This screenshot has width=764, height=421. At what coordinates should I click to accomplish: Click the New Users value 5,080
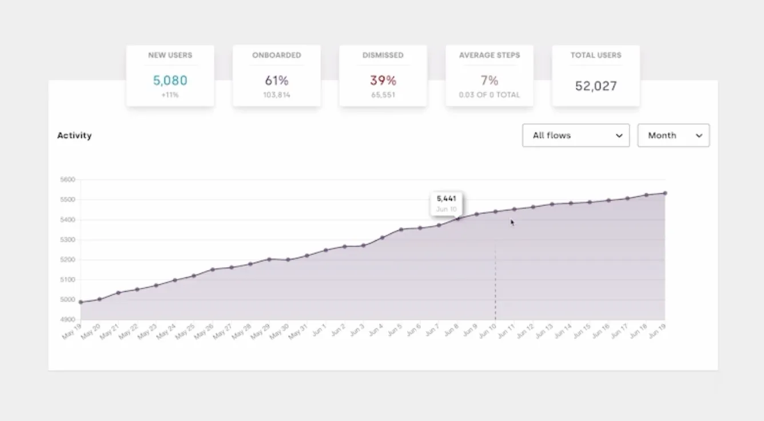pyautogui.click(x=170, y=81)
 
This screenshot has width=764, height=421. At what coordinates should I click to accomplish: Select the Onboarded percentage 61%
pyautogui.click(x=276, y=81)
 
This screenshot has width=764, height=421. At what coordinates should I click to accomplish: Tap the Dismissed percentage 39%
pyautogui.click(x=383, y=81)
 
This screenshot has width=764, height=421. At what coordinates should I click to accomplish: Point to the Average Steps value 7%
pyautogui.click(x=489, y=81)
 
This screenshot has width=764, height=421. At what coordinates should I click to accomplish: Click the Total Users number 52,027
pyautogui.click(x=595, y=86)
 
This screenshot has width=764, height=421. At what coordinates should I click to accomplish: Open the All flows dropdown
pyautogui.click(x=575, y=136)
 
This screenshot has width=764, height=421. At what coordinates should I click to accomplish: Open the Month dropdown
pyautogui.click(x=673, y=136)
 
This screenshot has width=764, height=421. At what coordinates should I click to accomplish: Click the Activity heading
pyautogui.click(x=74, y=136)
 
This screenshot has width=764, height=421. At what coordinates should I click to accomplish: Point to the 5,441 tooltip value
pyautogui.click(x=446, y=198)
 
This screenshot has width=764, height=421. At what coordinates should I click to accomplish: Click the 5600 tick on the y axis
pyautogui.click(x=67, y=180)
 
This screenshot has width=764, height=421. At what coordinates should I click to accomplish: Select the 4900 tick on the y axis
pyautogui.click(x=67, y=319)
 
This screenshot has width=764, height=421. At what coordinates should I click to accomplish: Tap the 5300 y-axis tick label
pyautogui.click(x=67, y=240)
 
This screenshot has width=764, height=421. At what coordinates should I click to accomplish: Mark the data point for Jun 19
pyautogui.click(x=665, y=193)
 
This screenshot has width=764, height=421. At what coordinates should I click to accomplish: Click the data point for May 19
pyautogui.click(x=81, y=302)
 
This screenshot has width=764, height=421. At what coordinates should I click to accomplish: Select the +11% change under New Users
pyautogui.click(x=170, y=95)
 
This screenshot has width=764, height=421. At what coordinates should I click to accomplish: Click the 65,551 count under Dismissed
pyautogui.click(x=383, y=95)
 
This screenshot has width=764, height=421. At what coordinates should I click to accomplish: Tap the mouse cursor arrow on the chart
pyautogui.click(x=512, y=223)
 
